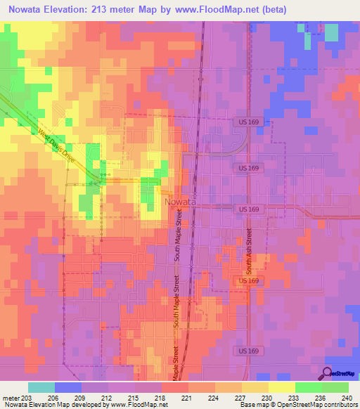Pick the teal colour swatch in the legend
[x=41, y=387]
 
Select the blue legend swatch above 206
[x=67, y=387]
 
